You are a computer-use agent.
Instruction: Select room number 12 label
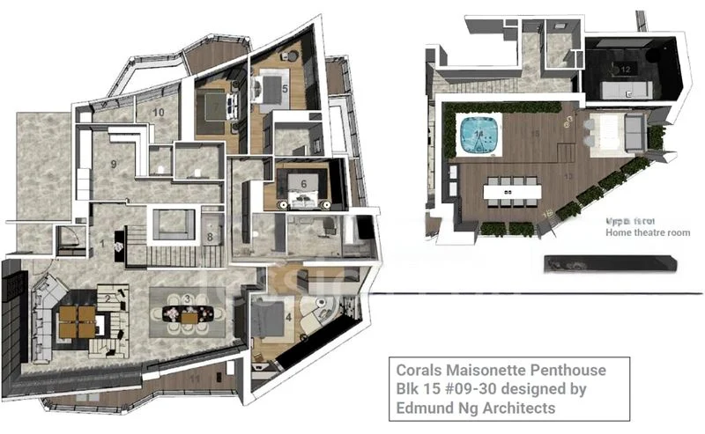[x=625, y=69]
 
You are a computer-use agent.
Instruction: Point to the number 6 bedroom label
[x=303, y=182]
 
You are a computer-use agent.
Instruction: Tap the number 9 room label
[x=114, y=163]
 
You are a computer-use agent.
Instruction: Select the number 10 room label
[x=160, y=113]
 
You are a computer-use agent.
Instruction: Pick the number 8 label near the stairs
[x=210, y=236]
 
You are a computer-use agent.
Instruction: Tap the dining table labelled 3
[x=187, y=310]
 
